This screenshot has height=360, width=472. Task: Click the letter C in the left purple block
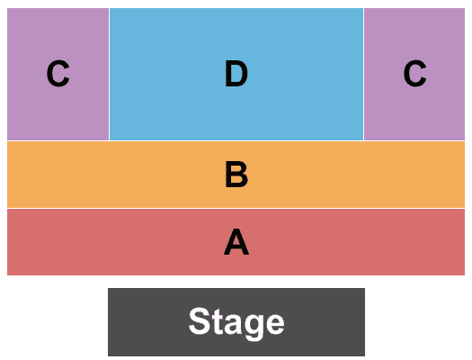(58, 74)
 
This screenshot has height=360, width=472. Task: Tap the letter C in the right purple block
(414, 74)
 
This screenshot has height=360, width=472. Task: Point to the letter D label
(236, 74)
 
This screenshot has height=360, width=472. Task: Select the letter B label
(236, 175)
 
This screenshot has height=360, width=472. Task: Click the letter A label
(236, 242)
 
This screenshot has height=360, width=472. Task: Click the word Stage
(236, 323)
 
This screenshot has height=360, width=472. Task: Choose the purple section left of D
(58, 74)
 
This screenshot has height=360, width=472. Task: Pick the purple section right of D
(414, 74)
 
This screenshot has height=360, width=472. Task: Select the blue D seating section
(236, 74)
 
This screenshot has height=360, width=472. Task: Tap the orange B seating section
(236, 175)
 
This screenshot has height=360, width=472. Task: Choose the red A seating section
(236, 242)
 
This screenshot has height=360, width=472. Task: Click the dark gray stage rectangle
(236, 322)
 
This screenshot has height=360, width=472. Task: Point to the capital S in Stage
(200, 320)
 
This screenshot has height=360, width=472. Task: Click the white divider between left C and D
(110, 74)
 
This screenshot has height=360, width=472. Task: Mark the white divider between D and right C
(363, 74)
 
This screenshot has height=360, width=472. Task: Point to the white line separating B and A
(236, 208)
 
